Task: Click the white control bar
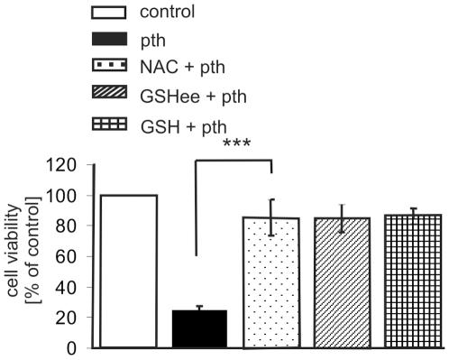point(129,272)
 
